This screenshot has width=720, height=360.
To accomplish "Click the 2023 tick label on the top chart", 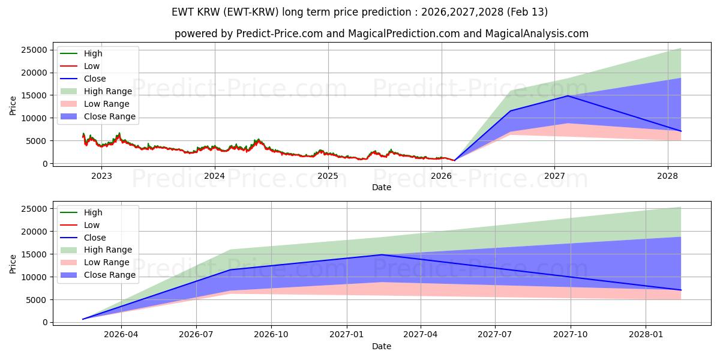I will click(101, 176).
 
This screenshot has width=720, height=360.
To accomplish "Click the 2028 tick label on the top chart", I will click(668, 176).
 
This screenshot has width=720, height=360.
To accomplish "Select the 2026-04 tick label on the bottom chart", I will click(122, 334).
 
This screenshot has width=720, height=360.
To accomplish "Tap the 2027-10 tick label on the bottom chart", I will click(571, 334).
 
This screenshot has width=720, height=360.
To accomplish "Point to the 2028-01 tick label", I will click(646, 334).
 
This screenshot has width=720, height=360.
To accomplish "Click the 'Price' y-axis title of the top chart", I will click(13, 106).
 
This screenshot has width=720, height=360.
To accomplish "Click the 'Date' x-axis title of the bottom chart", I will click(382, 346).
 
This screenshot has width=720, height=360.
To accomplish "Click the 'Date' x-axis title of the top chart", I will click(382, 187).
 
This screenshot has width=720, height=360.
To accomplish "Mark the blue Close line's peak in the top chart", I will click(568, 96).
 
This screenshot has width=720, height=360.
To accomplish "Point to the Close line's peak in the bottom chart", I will click(382, 255).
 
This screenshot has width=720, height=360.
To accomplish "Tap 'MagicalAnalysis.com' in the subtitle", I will click(539, 34).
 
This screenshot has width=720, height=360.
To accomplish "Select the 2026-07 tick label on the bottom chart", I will click(197, 334).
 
